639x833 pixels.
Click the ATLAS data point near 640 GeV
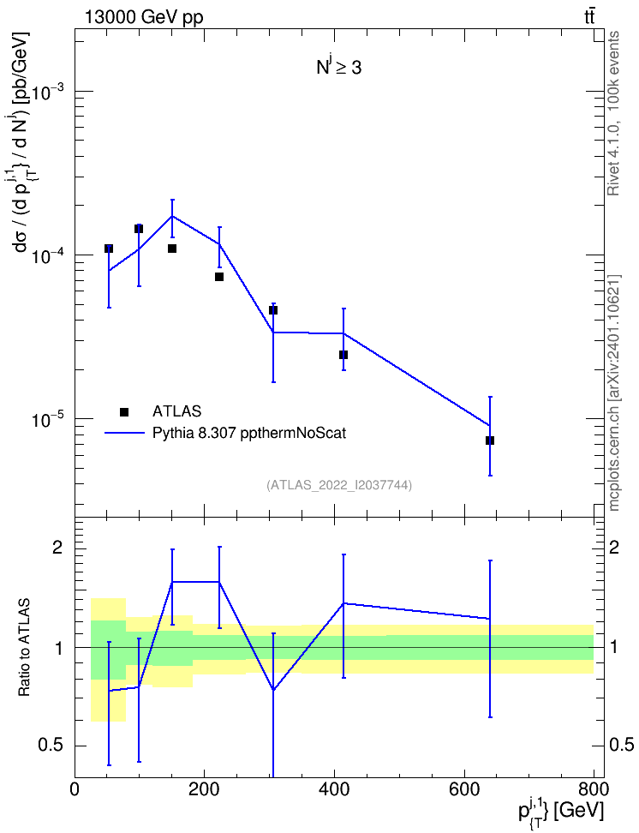tap(490, 440)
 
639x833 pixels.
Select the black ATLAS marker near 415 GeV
tap(343, 355)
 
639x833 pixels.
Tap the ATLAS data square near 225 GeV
tap(218, 277)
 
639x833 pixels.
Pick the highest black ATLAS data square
tap(139, 229)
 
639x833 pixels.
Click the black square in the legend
tap(124, 411)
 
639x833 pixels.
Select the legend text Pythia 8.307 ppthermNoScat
tap(249, 434)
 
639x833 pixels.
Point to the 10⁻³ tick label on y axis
tap(48, 92)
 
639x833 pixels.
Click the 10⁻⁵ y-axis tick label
tap(48, 419)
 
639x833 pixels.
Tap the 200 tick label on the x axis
tap(205, 789)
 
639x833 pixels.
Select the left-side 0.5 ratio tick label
tap(51, 746)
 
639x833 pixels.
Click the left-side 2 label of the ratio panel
tap(57, 548)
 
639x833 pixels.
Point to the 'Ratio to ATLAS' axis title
tap(24, 647)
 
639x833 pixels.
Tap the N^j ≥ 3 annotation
tap(339, 67)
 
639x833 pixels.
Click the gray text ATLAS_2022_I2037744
tap(339, 485)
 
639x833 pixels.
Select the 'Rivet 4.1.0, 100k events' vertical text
tap(613, 113)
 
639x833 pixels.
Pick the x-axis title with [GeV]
tap(561, 812)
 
